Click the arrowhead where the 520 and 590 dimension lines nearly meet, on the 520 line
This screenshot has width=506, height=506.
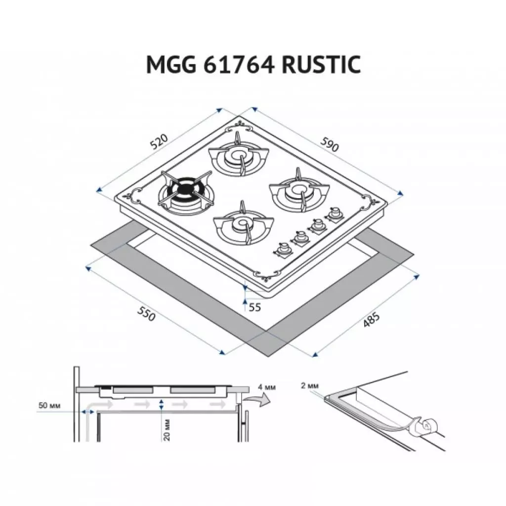[x=220, y=110]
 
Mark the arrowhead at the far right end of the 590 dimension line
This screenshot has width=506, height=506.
[x=400, y=193]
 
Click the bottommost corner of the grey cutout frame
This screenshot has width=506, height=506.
[x=268, y=357]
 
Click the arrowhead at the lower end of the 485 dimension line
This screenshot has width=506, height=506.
[x=315, y=355]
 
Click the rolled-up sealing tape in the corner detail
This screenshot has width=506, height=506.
[x=427, y=426]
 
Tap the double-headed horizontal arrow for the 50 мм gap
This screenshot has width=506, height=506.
[x=88, y=412]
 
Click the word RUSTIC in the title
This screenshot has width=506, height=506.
[x=321, y=65]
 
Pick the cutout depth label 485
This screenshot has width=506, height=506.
[x=372, y=320]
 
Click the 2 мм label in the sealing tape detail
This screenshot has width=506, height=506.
[x=310, y=385]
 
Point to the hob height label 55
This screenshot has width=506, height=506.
[x=254, y=307]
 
